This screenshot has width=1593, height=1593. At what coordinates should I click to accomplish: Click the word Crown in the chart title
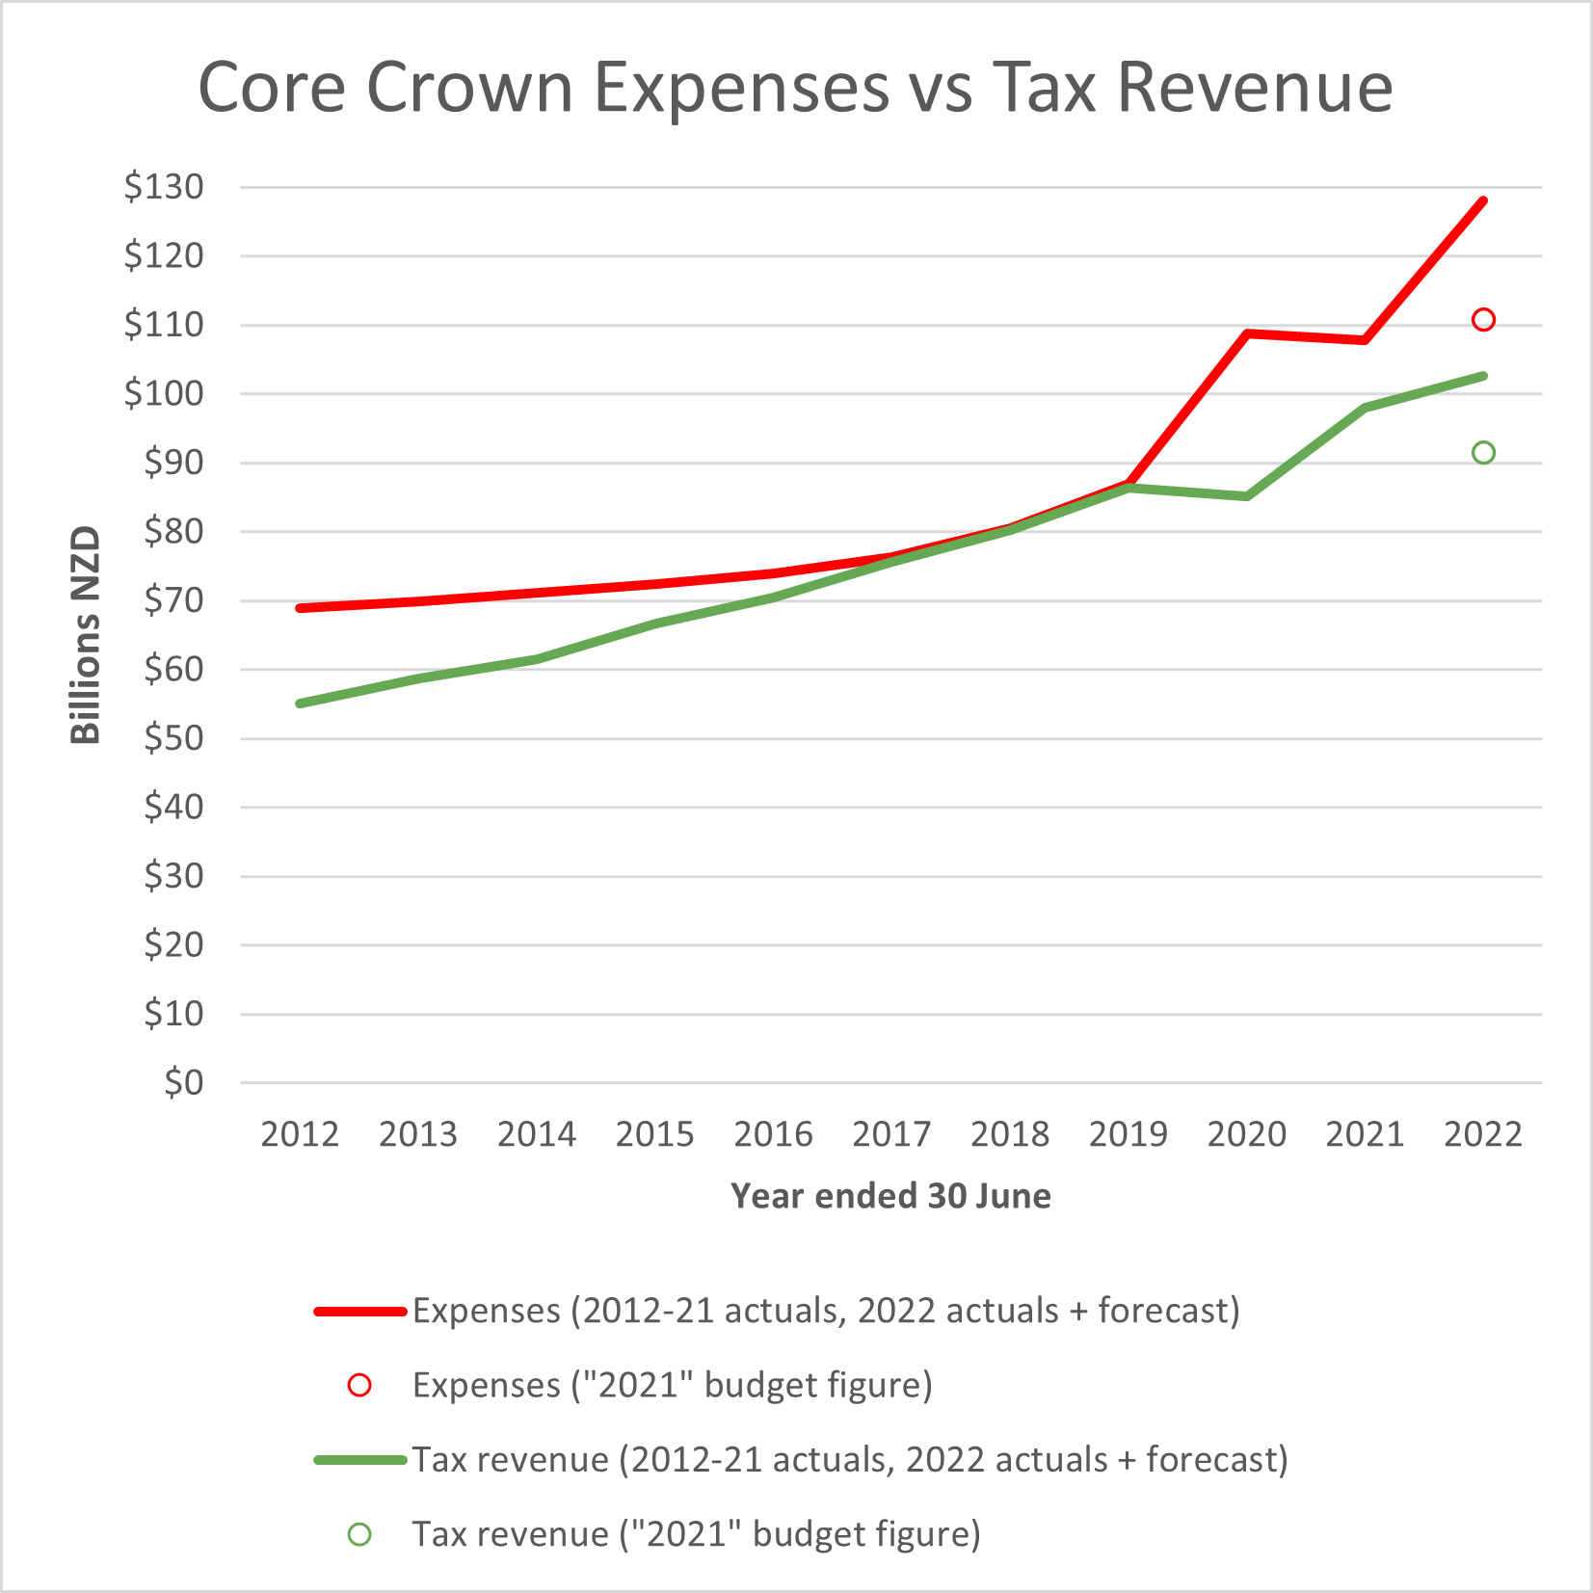pyautogui.click(x=469, y=88)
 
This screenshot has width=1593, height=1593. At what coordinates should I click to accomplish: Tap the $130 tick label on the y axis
pyautogui.click(x=164, y=187)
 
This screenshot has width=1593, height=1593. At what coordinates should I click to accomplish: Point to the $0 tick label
pyautogui.click(x=183, y=1083)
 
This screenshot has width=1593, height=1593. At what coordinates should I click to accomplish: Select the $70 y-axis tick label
pyautogui.click(x=173, y=600)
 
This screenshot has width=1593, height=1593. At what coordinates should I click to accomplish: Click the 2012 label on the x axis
pyautogui.click(x=300, y=1134)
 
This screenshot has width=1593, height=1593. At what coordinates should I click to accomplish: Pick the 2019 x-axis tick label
pyautogui.click(x=1128, y=1134)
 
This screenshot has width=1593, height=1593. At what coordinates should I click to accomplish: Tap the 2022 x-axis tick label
pyautogui.click(x=1482, y=1134)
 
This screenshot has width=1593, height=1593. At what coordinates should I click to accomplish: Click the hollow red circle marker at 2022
pyautogui.click(x=1483, y=320)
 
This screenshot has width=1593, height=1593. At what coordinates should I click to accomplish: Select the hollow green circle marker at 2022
pyautogui.click(x=1483, y=453)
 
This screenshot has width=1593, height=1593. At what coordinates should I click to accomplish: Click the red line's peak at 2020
pyautogui.click(x=1247, y=334)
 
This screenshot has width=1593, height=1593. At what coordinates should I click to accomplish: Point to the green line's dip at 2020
pyautogui.click(x=1247, y=496)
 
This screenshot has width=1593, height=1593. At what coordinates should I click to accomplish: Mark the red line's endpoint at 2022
pyautogui.click(x=1483, y=201)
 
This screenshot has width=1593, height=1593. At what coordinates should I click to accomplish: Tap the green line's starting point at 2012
pyautogui.click(x=301, y=704)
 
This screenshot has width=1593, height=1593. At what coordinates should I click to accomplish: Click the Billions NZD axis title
pyautogui.click(x=86, y=635)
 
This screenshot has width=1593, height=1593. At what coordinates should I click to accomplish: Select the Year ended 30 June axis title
pyautogui.click(x=890, y=1196)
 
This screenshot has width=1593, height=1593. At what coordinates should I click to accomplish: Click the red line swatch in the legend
pyautogui.click(x=359, y=1312)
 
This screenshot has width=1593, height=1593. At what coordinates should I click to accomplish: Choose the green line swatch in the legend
pyautogui.click(x=359, y=1460)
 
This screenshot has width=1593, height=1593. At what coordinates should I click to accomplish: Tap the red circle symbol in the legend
pyautogui.click(x=359, y=1386)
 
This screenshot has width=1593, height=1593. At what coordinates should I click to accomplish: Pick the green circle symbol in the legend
pyautogui.click(x=359, y=1534)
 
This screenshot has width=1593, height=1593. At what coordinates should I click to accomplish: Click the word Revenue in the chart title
pyautogui.click(x=1255, y=88)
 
